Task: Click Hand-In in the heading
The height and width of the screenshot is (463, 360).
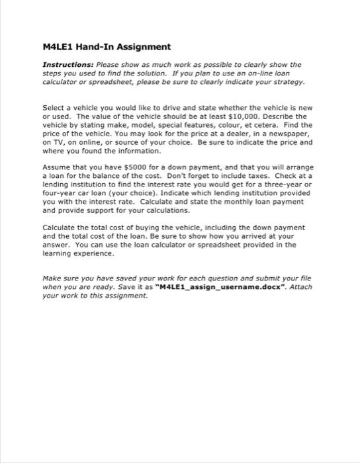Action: pos(96,47)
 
